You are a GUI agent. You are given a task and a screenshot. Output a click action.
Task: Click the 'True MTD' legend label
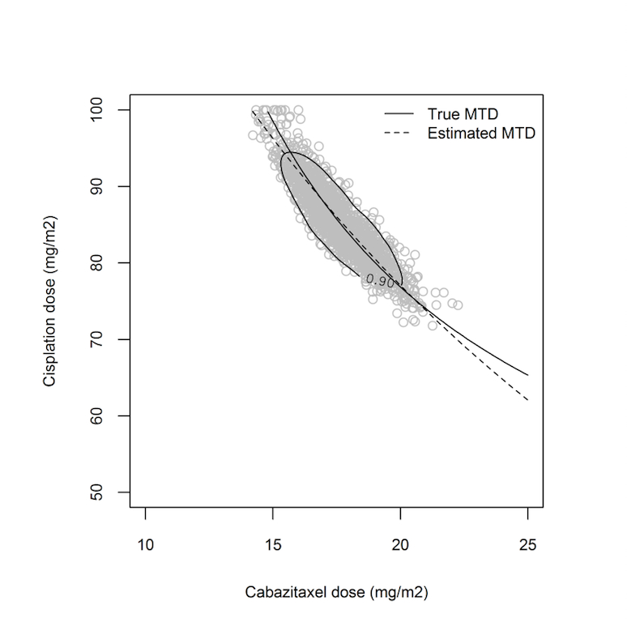pyautogui.click(x=463, y=113)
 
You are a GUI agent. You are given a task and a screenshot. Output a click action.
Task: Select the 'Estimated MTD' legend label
pyautogui.click(x=481, y=134)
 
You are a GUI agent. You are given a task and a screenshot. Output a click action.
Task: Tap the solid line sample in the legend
pyautogui.click(x=399, y=113)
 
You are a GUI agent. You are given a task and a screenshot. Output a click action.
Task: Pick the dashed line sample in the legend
pyautogui.click(x=399, y=134)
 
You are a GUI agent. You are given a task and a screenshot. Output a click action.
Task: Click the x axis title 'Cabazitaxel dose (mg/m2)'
pyautogui.click(x=336, y=593)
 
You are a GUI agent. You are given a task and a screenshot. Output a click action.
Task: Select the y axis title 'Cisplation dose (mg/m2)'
pyautogui.click(x=50, y=301)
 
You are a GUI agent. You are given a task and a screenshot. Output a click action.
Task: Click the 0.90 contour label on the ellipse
pyautogui.click(x=380, y=281)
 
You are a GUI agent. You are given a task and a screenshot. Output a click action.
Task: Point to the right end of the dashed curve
pyautogui.click(x=527, y=400)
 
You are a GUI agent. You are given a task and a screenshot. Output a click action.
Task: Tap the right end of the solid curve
pyautogui.click(x=527, y=375)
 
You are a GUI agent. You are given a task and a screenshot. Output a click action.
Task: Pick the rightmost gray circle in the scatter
pyautogui.click(x=458, y=305)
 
